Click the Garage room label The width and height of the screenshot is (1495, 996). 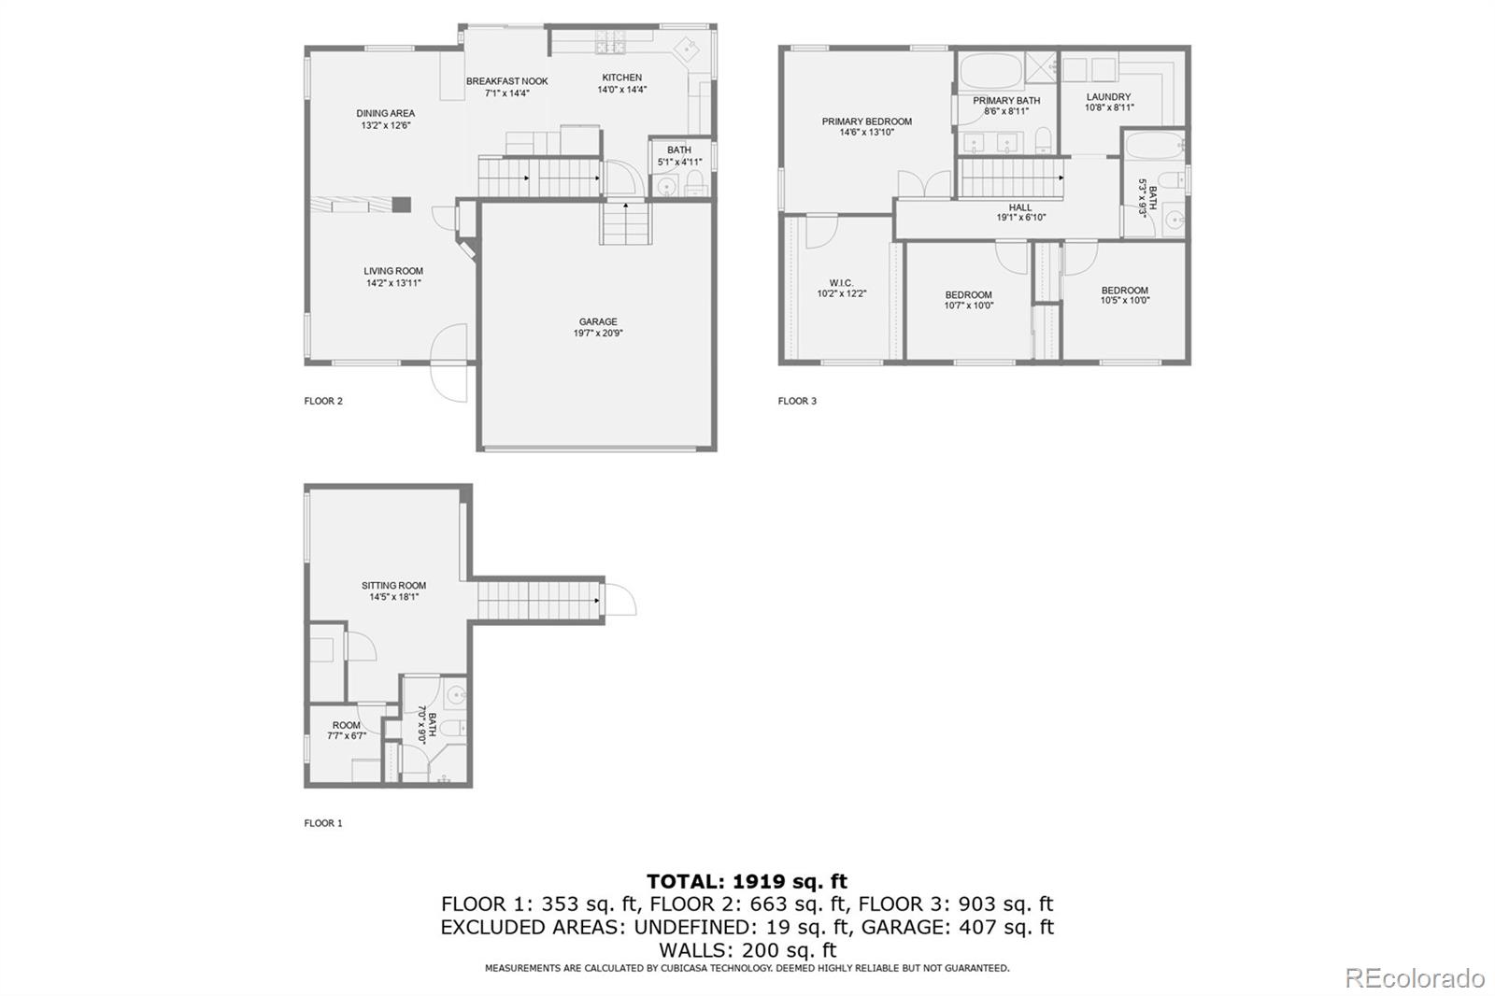click(598, 322)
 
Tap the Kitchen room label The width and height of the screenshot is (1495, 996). click(621, 78)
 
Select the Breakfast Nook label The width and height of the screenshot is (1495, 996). click(506, 81)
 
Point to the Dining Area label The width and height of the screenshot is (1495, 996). click(385, 113)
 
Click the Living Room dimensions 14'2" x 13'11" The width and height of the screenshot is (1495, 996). click(393, 283)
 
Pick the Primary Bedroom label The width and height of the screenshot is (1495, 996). click(866, 121)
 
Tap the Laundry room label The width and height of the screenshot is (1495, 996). click(1108, 96)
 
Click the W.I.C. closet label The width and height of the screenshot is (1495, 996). click(841, 283)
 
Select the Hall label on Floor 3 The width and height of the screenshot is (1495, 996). click(1020, 207)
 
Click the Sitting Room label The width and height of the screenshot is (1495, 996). click(393, 586)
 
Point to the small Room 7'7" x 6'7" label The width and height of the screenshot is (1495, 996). click(346, 725)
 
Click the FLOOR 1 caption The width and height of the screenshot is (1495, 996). click(323, 823)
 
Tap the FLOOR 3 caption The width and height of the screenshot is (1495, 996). click(797, 401)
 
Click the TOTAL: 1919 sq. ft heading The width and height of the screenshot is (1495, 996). click(747, 881)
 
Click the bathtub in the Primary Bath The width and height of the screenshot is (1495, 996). click(991, 70)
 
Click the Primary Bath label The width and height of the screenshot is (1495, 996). click(1005, 101)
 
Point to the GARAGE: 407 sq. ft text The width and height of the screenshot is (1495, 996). click(957, 927)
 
